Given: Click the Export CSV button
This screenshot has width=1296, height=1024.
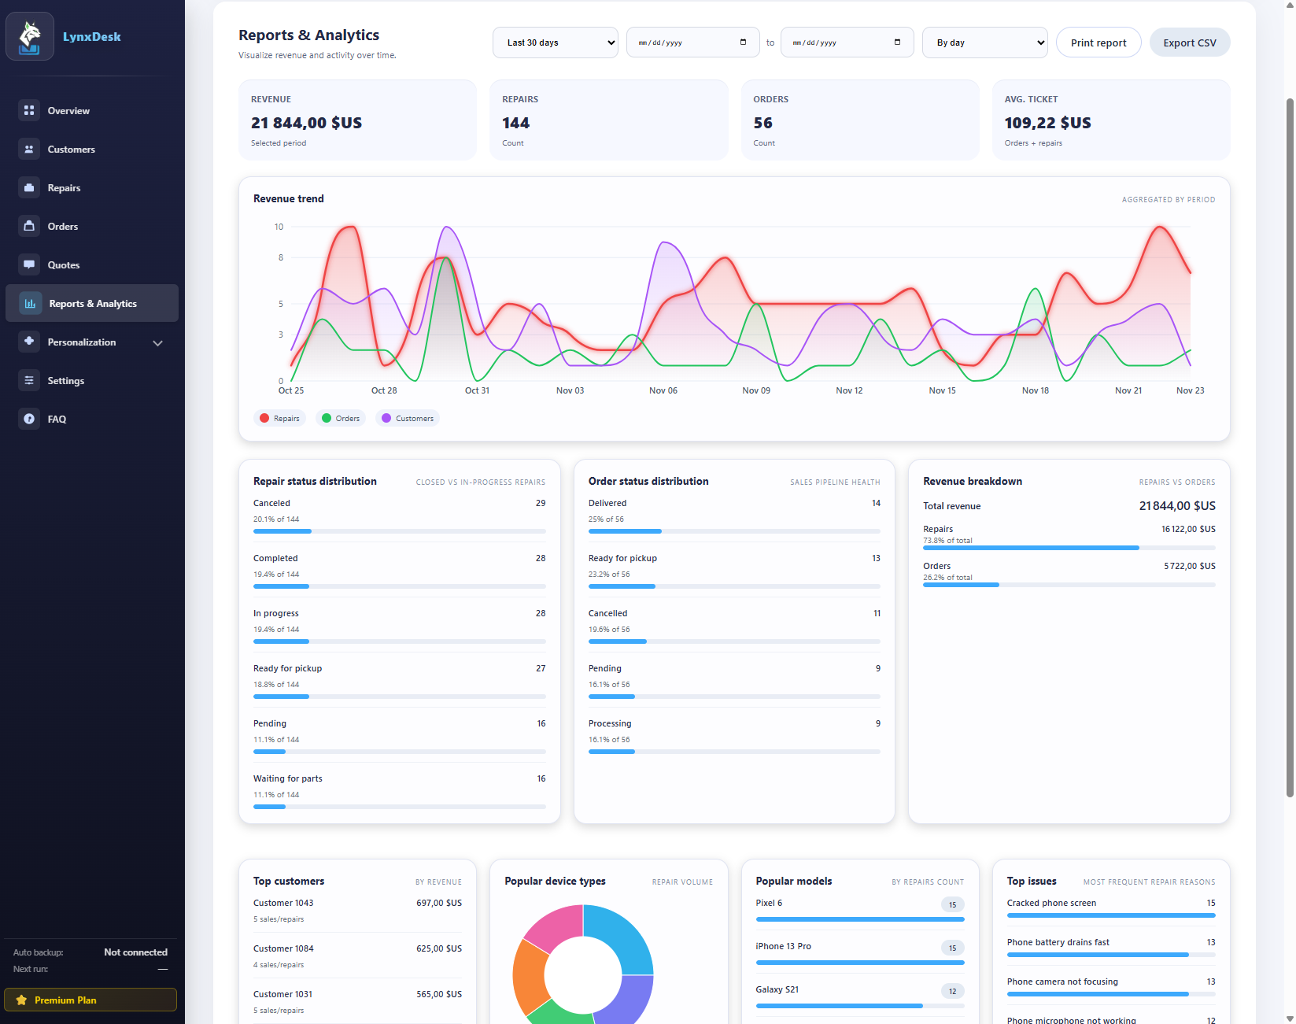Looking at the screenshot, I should pos(1189,43).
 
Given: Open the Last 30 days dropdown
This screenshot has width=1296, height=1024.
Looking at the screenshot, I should pos(556,43).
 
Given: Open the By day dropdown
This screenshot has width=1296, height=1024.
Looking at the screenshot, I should pos(984,43).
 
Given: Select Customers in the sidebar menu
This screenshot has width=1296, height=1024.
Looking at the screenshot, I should pos(71,150).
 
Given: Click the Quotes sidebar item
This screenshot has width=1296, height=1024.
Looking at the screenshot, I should pos(63,265).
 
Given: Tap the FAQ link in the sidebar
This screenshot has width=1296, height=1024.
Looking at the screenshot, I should pos(57,420).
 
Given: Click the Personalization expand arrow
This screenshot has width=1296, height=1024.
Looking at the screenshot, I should pos(157,343).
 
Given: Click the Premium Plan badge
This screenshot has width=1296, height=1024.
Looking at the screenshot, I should pos(90,1000).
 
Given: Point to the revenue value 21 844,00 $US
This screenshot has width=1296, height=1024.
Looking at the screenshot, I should pos(306,123).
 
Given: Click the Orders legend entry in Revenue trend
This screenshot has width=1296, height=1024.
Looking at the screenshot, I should pos(341,419).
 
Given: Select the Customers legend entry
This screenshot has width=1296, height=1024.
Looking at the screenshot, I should pos(408,419).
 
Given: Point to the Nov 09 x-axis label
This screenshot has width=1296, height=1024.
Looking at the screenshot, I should pos(755,390).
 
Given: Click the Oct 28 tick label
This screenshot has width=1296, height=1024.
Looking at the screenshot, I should pos(384,390).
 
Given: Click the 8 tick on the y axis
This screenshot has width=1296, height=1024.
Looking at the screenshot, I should pos(280,257).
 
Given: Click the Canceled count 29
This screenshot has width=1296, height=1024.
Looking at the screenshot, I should pos(540,503).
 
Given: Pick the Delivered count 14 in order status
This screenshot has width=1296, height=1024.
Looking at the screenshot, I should pos(875,503).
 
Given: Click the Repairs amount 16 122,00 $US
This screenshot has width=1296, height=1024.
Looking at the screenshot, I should pos(1187,529).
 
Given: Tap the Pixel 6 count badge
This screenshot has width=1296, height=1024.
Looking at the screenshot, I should pos(952,904).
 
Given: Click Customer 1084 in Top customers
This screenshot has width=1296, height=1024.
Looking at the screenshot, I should pos(283,948).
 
